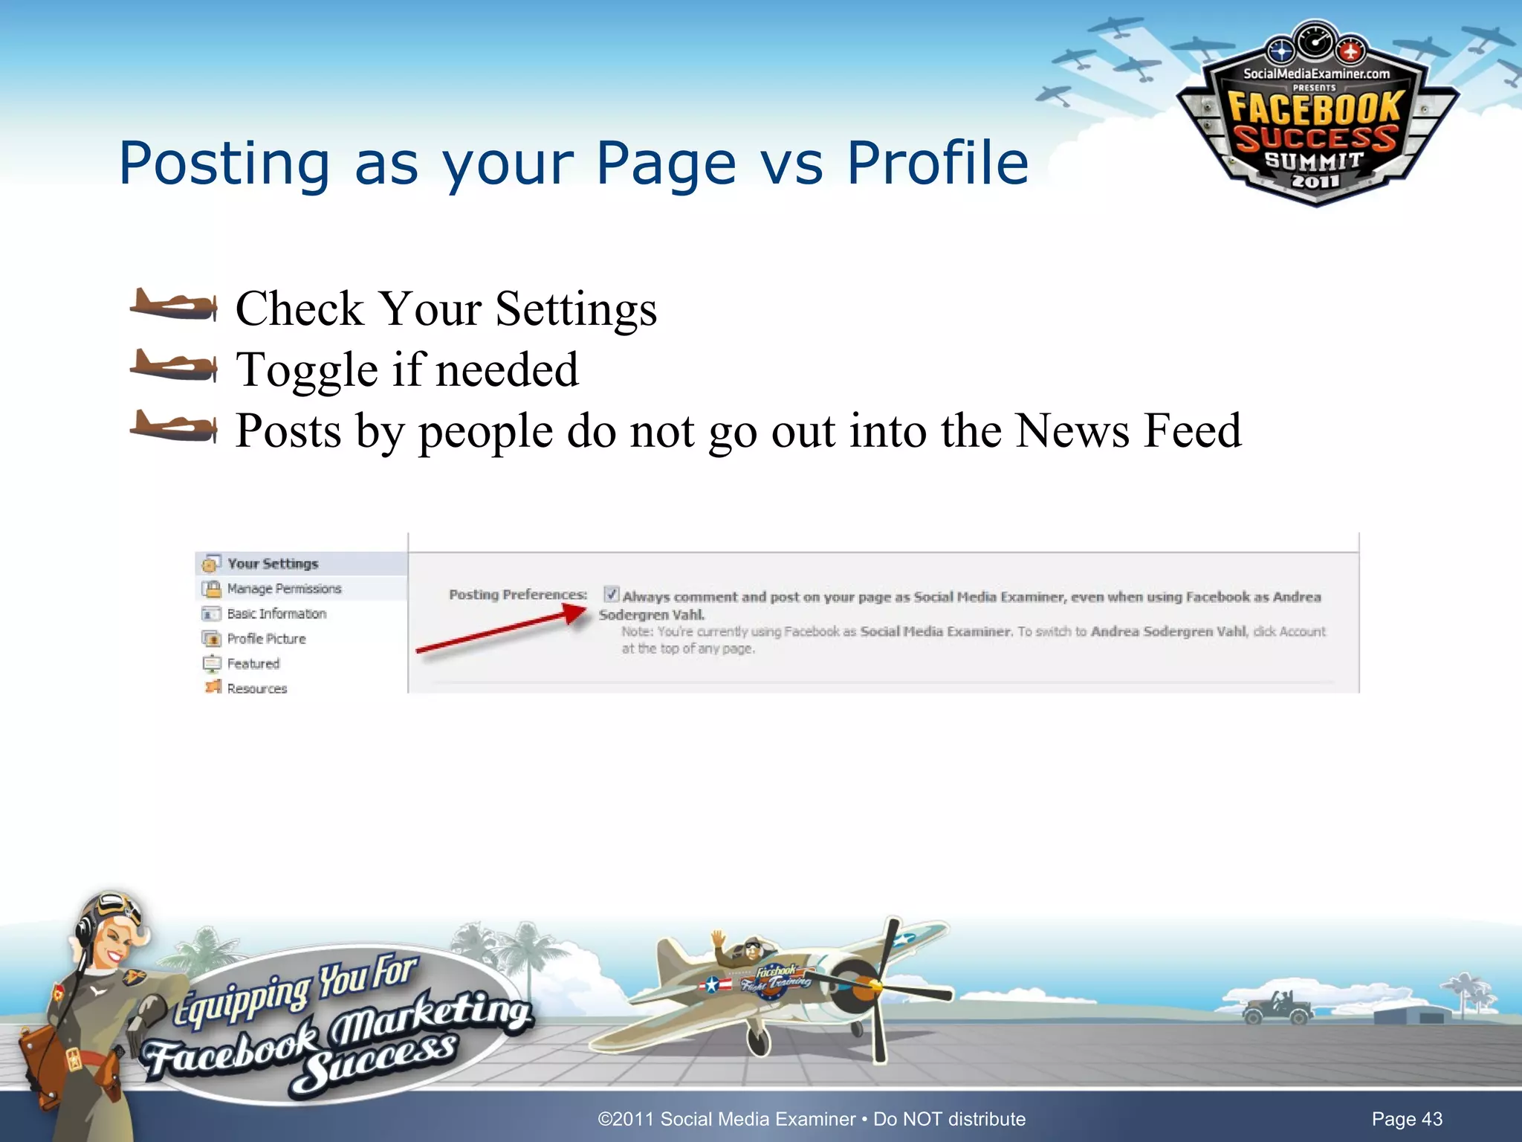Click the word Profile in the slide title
[938, 164]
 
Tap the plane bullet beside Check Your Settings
[174, 306]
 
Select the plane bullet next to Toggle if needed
[174, 367]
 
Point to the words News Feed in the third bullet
[1127, 430]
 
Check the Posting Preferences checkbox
[611, 594]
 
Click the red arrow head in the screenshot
[575, 613]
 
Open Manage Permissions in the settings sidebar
[284, 589]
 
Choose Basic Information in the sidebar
[276, 614]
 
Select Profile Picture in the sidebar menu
[266, 639]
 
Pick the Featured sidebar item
[253, 664]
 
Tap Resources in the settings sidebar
[257, 688]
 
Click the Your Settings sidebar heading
[273, 564]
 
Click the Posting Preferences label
[518, 595]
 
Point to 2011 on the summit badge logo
[1315, 181]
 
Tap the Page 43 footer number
[1406, 1119]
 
